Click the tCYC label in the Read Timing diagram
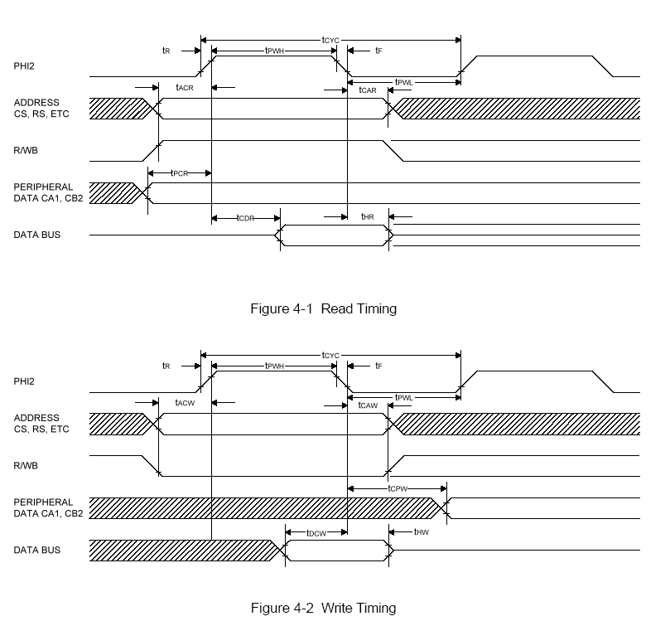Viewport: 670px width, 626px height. coord(331,39)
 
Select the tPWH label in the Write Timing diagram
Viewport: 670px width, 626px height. coord(275,366)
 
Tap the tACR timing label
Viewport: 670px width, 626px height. coord(184,87)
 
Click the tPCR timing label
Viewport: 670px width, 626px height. coord(178,172)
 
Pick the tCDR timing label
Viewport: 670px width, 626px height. coord(245,217)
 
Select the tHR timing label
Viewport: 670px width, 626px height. coord(368,216)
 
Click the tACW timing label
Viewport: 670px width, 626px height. coord(184,402)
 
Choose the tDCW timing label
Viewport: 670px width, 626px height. coord(316,532)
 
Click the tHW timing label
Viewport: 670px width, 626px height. coord(421,531)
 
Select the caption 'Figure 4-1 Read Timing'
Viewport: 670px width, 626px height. coord(324,309)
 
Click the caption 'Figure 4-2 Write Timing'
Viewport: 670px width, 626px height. coord(323,608)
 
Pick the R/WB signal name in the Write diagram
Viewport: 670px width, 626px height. coord(27,465)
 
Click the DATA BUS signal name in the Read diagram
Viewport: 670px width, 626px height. coord(37,235)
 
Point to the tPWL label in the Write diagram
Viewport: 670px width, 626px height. coord(403,397)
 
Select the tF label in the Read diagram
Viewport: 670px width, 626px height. coord(378,51)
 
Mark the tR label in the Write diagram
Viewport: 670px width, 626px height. coord(166,366)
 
